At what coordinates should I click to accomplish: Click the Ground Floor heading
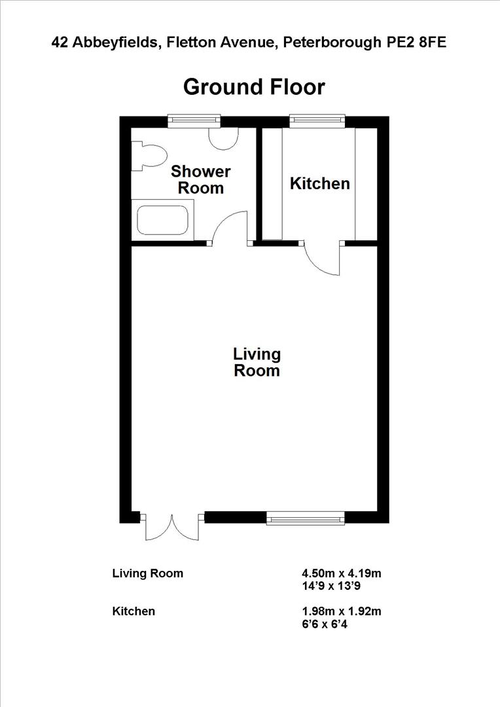[254, 87]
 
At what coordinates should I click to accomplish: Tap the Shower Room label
[201, 180]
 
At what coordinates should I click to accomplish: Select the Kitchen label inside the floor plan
[320, 184]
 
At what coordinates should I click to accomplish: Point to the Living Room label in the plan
[257, 362]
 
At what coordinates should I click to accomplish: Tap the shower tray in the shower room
[163, 219]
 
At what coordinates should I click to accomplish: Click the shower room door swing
[229, 229]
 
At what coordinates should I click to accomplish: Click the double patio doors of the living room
[171, 527]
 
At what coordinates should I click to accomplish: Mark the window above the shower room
[194, 120]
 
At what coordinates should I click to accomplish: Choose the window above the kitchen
[317, 120]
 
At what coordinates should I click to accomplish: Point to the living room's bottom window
[305, 518]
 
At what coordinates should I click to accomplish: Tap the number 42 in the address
[60, 43]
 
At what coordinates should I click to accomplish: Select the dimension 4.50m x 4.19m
[341, 573]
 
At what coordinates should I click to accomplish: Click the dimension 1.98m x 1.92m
[341, 611]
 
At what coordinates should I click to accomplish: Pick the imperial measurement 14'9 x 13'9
[329, 587]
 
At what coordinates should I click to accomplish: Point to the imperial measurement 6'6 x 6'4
[325, 625]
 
